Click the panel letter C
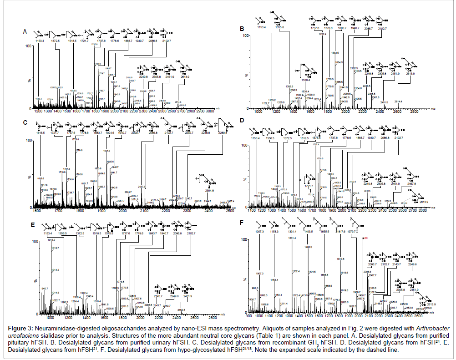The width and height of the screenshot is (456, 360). tap(25, 123)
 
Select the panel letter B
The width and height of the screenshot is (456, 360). tap(242, 29)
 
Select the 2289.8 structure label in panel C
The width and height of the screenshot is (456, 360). tap(223, 133)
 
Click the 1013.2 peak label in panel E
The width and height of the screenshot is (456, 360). tap(51, 239)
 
